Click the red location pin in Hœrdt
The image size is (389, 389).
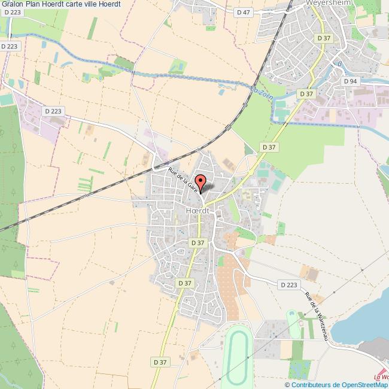point(201,182)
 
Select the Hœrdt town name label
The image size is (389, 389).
point(197,211)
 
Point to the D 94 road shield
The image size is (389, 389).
point(350,81)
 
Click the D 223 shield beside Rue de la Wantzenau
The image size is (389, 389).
point(288,285)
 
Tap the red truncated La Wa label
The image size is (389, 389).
point(381,377)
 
